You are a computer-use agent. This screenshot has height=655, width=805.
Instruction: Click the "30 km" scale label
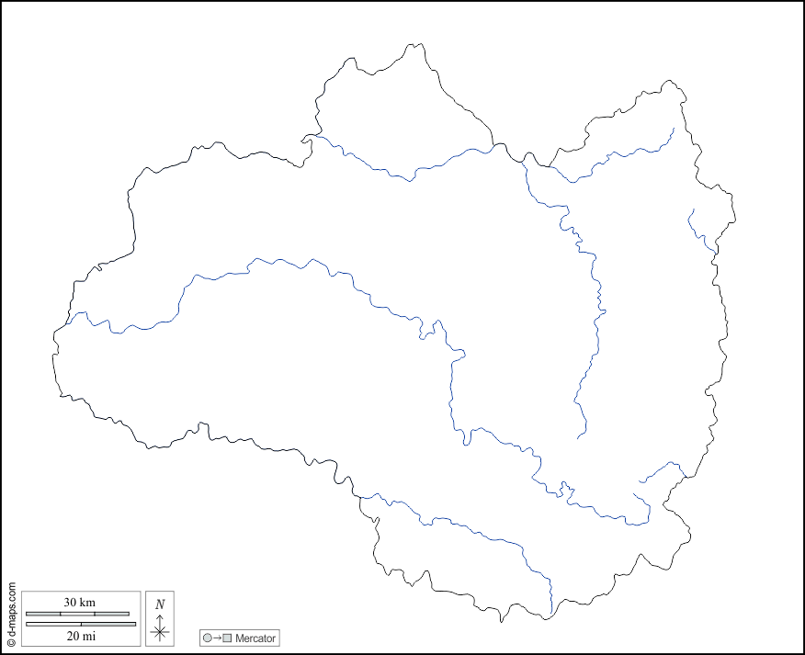[x=79, y=603]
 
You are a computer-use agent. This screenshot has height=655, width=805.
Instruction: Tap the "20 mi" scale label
[x=79, y=636]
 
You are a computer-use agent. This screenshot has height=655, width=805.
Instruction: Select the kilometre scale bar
[x=77, y=613]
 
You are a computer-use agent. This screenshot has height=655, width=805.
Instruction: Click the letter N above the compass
[x=160, y=604]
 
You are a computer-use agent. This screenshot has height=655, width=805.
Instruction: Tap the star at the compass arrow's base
[x=160, y=631]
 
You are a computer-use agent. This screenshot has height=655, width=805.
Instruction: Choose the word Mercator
[x=255, y=638]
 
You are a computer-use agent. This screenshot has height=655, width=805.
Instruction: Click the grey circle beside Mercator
[x=208, y=638]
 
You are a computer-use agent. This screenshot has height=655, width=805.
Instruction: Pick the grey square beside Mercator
[x=227, y=638]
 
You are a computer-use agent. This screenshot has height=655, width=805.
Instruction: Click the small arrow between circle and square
[x=217, y=638]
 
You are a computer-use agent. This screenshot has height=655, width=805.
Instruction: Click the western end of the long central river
[x=66, y=323]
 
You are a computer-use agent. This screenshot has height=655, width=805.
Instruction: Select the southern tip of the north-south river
[x=578, y=437]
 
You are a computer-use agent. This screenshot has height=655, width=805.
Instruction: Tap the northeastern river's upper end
[x=674, y=128]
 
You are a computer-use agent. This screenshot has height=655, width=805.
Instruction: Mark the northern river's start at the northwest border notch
[x=307, y=139]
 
